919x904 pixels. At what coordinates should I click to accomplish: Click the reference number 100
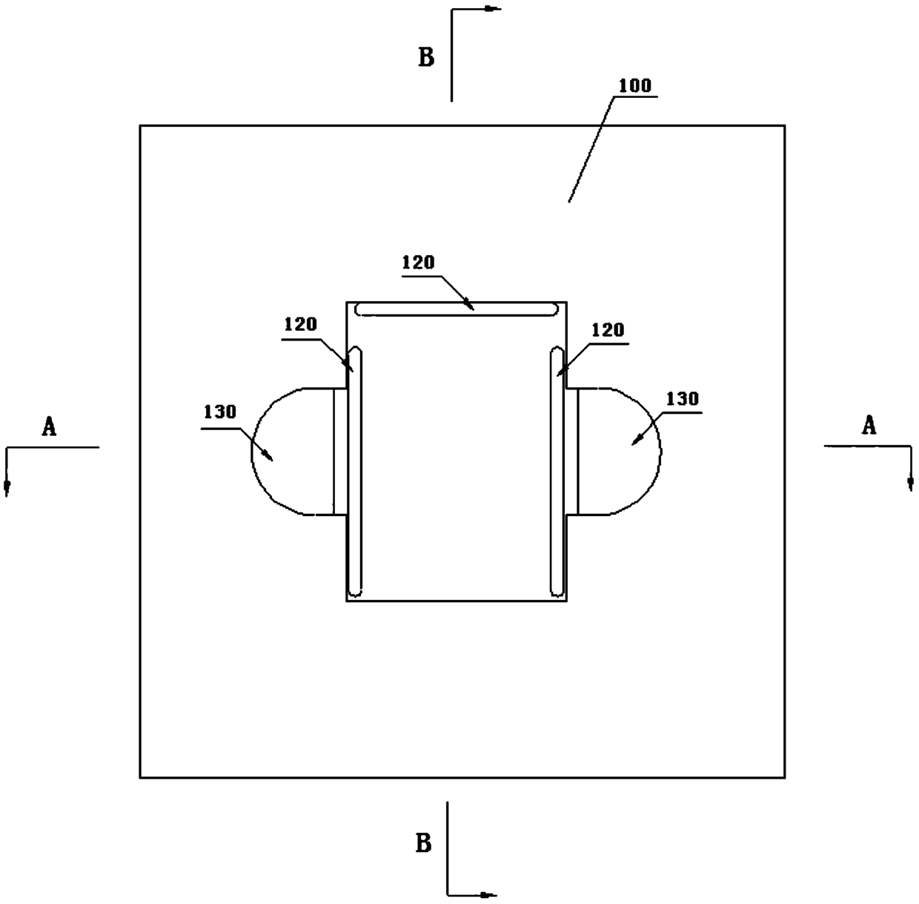635,85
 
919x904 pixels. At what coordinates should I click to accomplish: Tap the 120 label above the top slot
418,263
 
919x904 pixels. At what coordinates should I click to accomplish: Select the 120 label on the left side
300,324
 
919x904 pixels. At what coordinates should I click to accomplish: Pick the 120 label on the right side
608,330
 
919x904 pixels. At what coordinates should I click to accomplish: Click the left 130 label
220,412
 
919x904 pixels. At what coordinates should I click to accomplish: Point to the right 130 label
682,399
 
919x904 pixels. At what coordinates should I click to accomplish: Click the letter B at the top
426,57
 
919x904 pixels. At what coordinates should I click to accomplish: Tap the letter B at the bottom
423,843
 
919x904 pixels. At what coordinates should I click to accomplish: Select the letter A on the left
49,426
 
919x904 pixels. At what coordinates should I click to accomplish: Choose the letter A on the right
869,425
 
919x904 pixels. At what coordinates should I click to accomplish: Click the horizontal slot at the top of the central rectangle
457,309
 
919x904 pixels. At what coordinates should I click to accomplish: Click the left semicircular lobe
293,451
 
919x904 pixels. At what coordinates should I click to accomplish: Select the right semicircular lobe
619,451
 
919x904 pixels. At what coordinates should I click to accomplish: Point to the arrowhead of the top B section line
491,9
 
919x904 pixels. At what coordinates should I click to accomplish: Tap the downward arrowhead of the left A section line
7,486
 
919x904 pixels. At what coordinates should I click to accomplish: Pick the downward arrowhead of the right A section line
910,484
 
